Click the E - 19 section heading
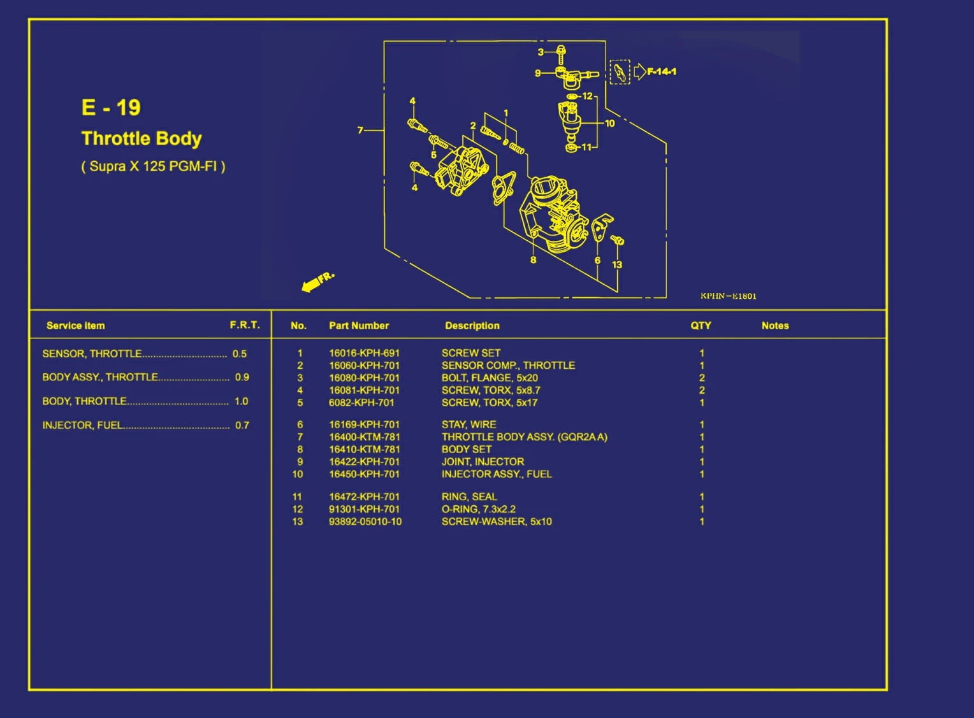coord(111,108)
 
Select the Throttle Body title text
coord(142,139)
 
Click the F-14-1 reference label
coord(662,72)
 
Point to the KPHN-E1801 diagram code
coord(729,296)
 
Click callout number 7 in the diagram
coord(360,130)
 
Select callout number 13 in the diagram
coord(617,264)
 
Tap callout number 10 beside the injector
coord(609,124)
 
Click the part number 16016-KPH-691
coord(365,353)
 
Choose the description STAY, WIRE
coord(469,424)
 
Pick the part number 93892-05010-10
coord(365,522)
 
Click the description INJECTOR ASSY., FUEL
coord(497,474)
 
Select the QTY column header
coord(701,326)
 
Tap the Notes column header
coord(775,326)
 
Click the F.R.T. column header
coord(245,325)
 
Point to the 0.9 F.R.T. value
coord(242,377)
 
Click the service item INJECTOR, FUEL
coord(83,425)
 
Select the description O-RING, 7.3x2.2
coord(479,509)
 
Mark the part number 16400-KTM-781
coord(365,437)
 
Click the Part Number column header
coord(359,326)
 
